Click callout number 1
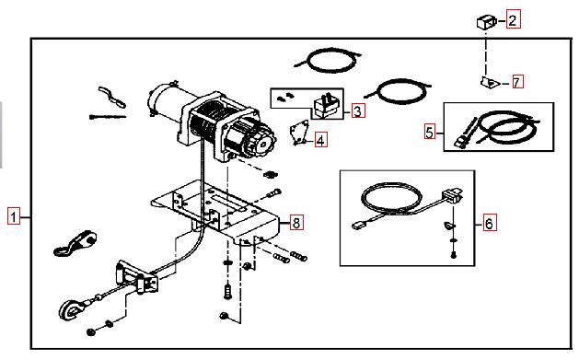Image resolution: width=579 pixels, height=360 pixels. pos(14,216)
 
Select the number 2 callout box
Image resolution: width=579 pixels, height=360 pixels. pos(513,19)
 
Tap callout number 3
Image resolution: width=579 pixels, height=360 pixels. pos(357,110)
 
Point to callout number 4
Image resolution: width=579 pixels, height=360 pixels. pos(321,140)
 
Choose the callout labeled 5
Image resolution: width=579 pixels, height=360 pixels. pos(430,132)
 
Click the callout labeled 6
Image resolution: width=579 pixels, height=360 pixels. pos(490,223)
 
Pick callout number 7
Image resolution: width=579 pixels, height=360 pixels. pos(517,82)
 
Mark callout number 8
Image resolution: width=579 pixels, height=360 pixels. pos(296,222)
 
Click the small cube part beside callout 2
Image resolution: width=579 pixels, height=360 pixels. pos(486,22)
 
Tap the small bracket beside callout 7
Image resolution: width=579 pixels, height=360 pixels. pos(490,82)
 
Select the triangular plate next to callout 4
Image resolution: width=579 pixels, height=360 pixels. pos(299,133)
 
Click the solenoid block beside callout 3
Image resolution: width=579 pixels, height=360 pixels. pos(327,107)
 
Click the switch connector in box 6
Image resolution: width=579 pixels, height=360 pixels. pos(453,195)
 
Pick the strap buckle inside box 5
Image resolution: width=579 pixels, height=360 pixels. pos(461,142)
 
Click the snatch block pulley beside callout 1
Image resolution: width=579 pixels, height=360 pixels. pos(75,242)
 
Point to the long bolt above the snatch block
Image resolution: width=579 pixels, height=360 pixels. pos(108,117)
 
